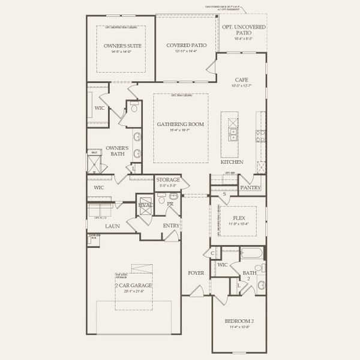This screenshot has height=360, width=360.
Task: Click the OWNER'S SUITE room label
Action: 121,46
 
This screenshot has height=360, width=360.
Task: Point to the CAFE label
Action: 241,79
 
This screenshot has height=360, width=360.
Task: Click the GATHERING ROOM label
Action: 181,124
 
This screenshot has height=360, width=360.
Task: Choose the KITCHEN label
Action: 232,163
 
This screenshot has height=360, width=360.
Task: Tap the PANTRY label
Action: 250,188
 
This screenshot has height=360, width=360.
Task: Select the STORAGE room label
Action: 168,179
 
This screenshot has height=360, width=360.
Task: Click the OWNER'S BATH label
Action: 118,151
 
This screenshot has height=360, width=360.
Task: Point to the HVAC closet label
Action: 145,205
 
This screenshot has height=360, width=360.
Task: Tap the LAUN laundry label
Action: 112,226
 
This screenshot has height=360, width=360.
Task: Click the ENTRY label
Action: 171,226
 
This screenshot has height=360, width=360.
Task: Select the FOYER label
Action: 196,273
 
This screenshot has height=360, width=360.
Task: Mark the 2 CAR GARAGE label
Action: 134,286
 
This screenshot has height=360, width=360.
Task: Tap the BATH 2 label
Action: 249,275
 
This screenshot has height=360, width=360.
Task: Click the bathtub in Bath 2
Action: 251,253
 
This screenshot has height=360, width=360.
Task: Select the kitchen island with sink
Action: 231,127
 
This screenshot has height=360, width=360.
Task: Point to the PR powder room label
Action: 170,204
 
